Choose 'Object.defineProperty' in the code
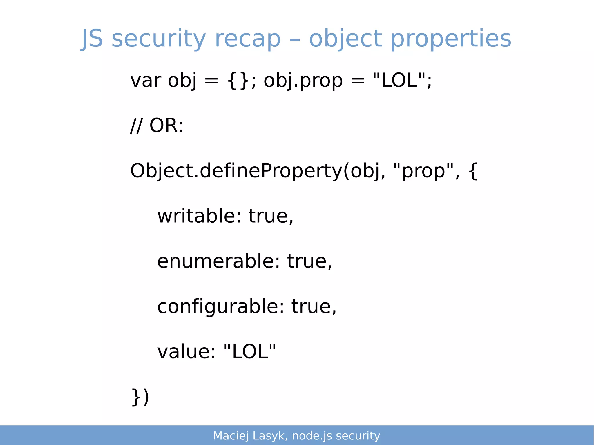[x=236, y=171]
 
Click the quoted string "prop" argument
[x=423, y=171]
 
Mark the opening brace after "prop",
[x=473, y=171]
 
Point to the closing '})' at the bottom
[x=140, y=397]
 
